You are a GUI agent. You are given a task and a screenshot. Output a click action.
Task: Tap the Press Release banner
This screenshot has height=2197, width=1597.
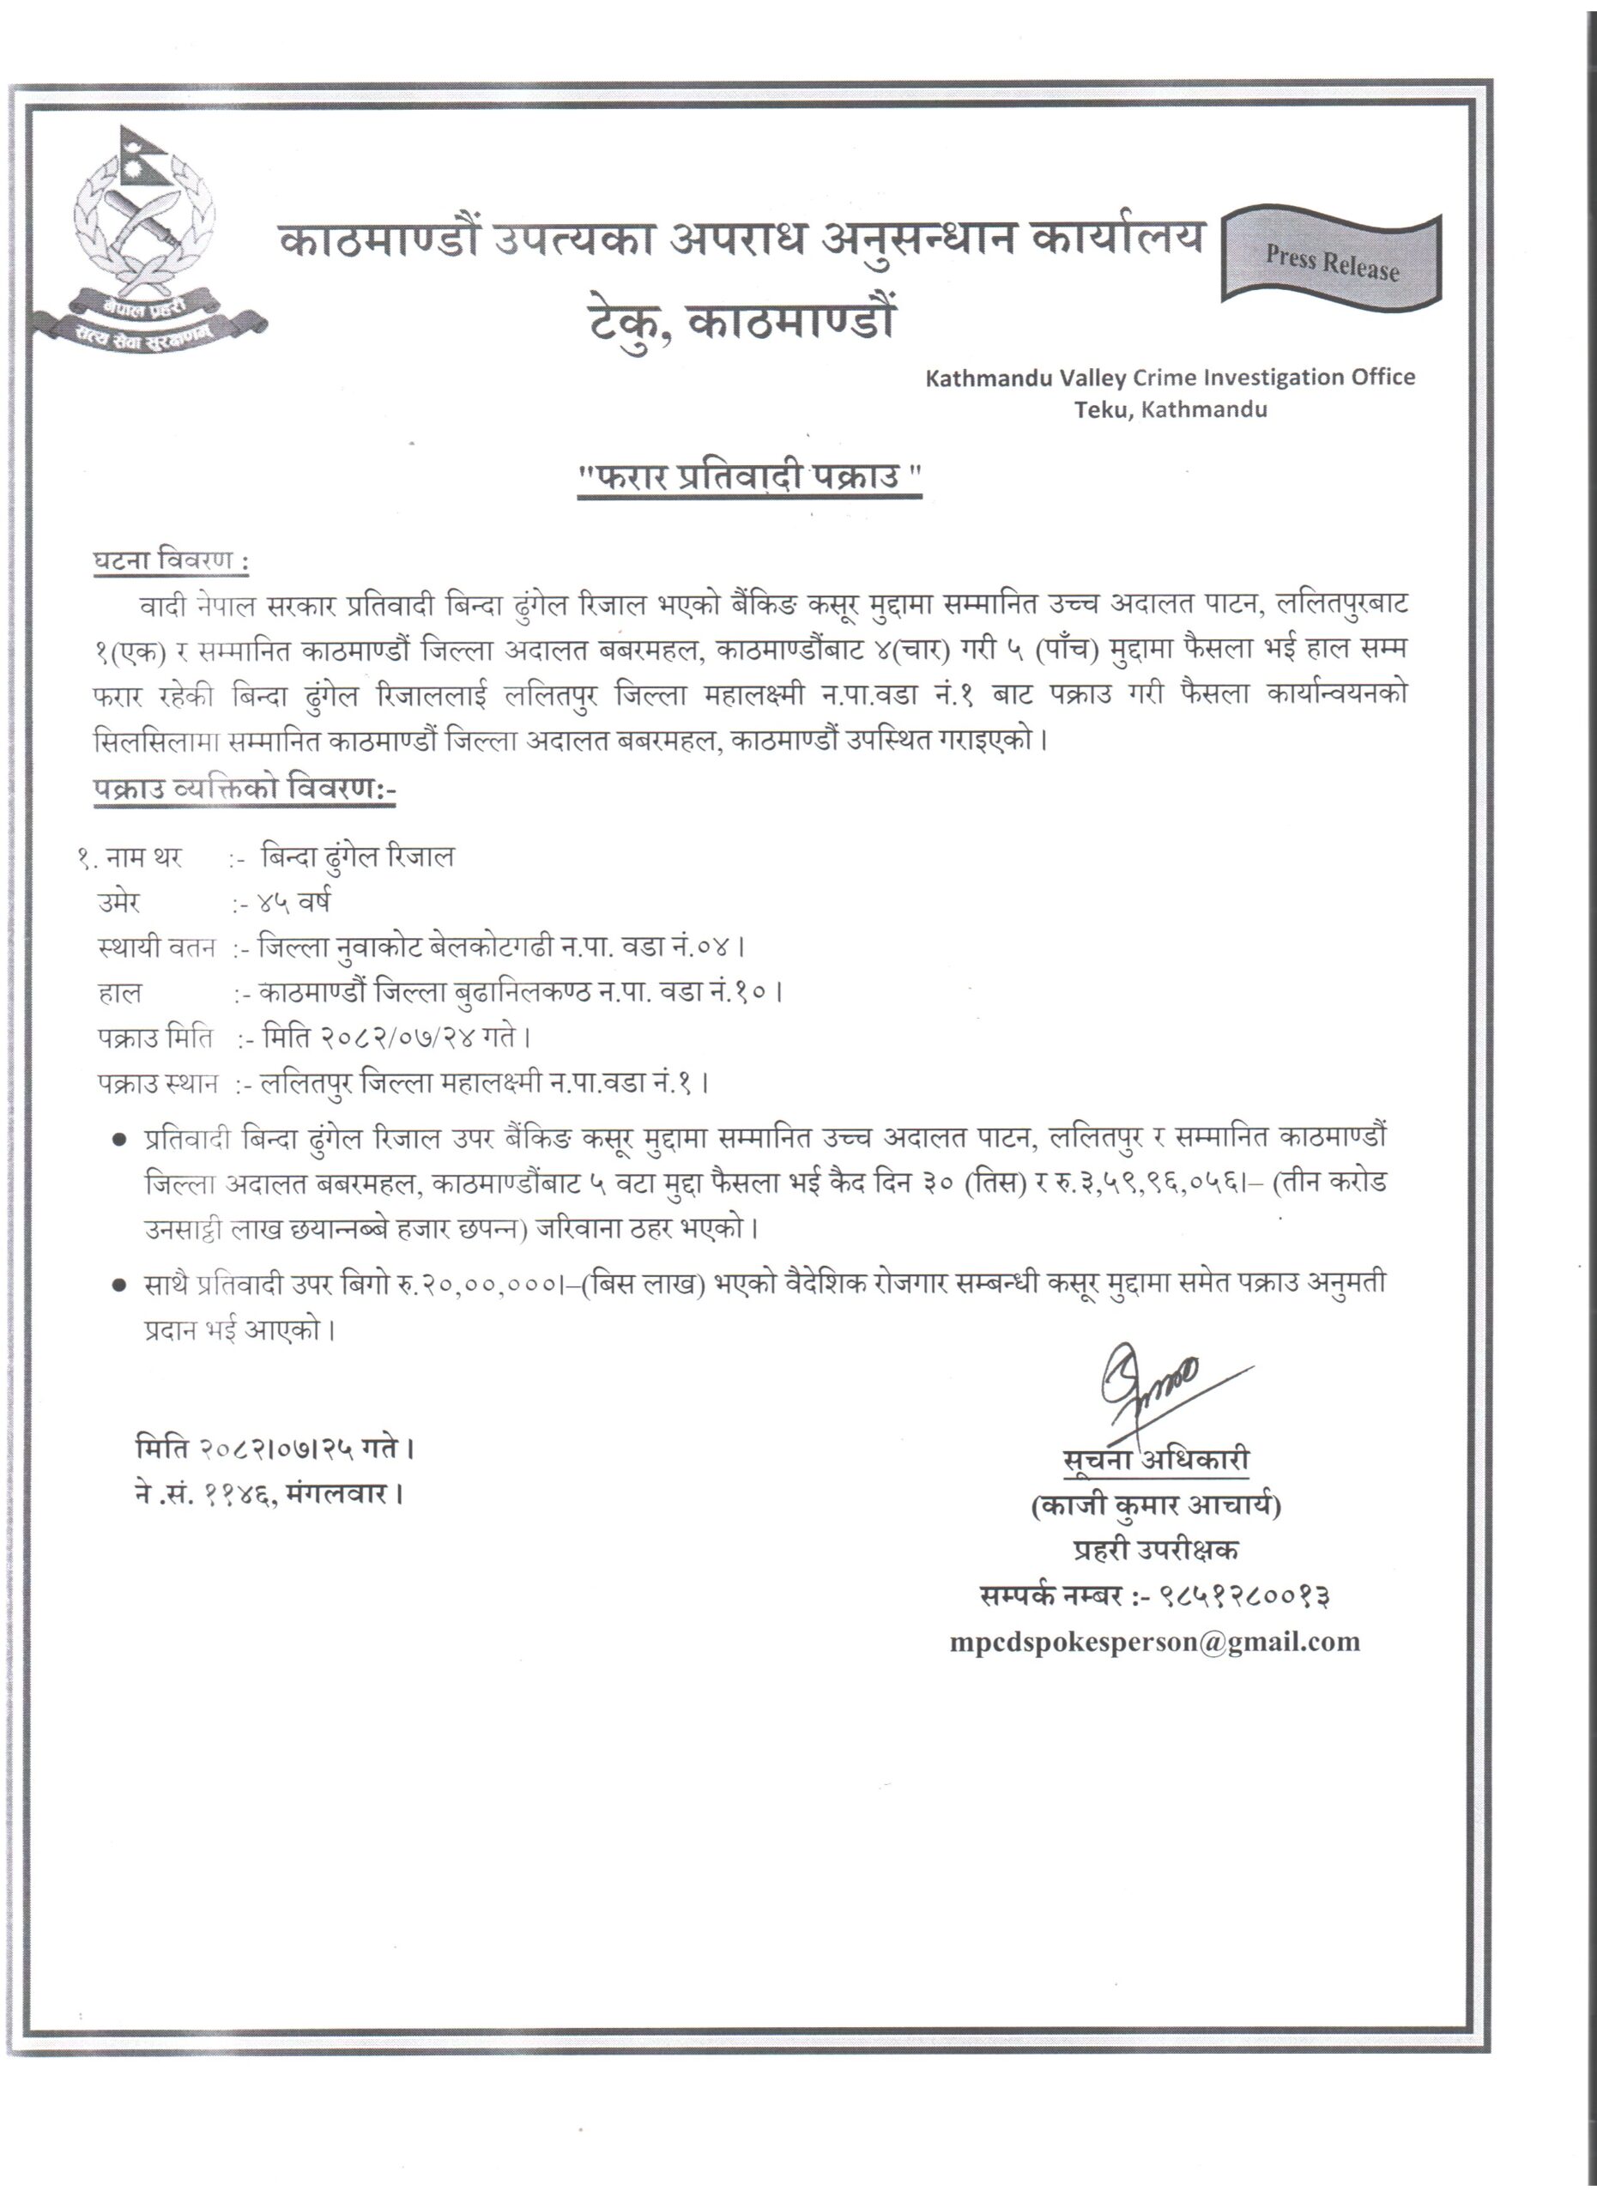(x=1332, y=262)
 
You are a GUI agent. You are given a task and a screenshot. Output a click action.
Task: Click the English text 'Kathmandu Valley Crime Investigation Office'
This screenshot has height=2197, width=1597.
(x=1169, y=378)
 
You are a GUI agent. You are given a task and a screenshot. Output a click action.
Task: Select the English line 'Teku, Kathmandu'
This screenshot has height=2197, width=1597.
(x=1169, y=409)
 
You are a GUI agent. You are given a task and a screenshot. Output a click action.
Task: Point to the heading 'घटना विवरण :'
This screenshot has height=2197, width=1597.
(x=171, y=561)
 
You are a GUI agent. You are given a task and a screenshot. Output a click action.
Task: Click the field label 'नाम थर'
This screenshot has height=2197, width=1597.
(x=143, y=857)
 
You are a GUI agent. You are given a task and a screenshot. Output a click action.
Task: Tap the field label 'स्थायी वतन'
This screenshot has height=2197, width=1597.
(x=156, y=947)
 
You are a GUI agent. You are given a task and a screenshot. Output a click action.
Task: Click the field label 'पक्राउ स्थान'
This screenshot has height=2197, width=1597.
(x=157, y=1083)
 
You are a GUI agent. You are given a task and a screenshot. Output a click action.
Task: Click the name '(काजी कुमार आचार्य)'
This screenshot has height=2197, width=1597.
(x=1155, y=1506)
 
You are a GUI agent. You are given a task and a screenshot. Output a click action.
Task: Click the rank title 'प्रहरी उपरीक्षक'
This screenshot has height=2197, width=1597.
(x=1155, y=1551)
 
